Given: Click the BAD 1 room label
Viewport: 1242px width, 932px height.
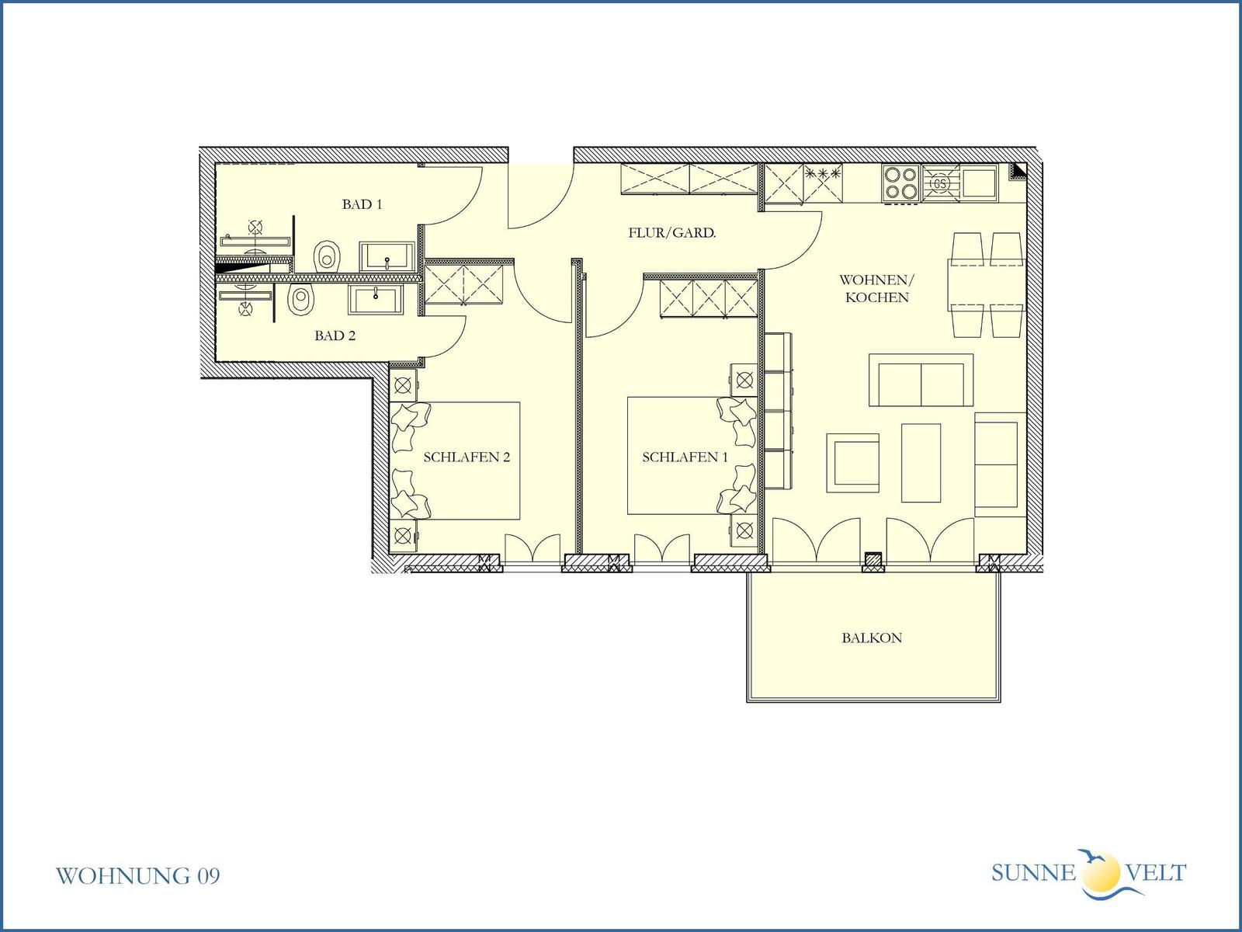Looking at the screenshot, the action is (363, 204).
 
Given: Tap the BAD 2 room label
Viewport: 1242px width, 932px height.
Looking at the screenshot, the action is (335, 336).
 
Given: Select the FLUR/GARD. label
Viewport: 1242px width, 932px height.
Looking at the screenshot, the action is (671, 232).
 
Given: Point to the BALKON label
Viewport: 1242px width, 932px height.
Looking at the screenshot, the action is (872, 638).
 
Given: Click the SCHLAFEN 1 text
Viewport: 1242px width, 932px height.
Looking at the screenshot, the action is (685, 457).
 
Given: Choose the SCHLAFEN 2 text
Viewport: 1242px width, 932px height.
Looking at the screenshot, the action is (467, 457).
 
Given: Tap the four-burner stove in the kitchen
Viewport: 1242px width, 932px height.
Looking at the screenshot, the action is (901, 183).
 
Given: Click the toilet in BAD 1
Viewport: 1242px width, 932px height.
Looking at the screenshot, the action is (327, 256).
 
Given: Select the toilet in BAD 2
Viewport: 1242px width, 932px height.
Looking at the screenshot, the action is (301, 299).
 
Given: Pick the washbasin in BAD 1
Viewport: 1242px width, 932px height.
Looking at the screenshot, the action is (387, 256).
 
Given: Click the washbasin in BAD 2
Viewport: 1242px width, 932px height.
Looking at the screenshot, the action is (376, 299).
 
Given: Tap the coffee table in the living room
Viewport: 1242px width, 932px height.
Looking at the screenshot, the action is (921, 463).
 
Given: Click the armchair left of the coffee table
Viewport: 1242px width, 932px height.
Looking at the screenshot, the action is (852, 463).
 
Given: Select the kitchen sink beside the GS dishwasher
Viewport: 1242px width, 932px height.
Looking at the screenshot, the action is (979, 183).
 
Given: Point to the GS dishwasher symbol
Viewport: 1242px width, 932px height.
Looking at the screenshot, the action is (940, 183).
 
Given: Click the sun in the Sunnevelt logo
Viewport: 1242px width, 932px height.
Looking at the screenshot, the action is (1101, 872).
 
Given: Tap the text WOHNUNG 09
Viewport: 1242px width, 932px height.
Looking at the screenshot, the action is (137, 876).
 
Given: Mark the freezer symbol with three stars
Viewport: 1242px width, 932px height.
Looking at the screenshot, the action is (823, 174).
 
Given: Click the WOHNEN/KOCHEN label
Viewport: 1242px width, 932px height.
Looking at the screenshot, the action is (876, 289).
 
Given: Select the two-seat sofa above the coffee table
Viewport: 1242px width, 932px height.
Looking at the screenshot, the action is (921, 381).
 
